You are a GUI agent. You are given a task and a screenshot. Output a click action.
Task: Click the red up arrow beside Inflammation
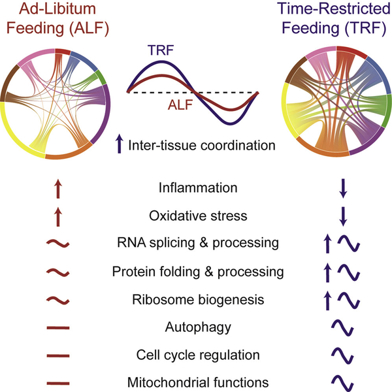[58, 189]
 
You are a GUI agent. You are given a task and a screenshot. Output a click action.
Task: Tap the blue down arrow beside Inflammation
[343, 188]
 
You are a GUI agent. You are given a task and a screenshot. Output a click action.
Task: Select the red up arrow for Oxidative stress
[58, 217]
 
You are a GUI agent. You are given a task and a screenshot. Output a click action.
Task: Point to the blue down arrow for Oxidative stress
[343, 216]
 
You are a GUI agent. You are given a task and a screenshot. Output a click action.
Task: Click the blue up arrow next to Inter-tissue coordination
[120, 144]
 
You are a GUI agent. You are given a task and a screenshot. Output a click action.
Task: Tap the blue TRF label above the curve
[161, 50]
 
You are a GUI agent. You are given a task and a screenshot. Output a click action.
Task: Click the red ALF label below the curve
[180, 105]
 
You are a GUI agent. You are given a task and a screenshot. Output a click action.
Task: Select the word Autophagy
[198, 328]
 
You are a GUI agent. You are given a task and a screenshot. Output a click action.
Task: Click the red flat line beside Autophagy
[58, 327]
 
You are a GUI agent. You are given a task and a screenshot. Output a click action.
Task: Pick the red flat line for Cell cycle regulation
[58, 355]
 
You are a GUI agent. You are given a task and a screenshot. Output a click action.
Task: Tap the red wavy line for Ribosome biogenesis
[58, 300]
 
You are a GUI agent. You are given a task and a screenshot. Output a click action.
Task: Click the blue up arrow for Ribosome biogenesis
[327, 301]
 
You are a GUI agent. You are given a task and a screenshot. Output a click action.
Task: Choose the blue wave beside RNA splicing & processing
[349, 243]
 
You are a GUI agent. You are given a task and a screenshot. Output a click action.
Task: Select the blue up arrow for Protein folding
[327, 273]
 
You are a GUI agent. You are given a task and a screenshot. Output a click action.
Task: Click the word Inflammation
[198, 188]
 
